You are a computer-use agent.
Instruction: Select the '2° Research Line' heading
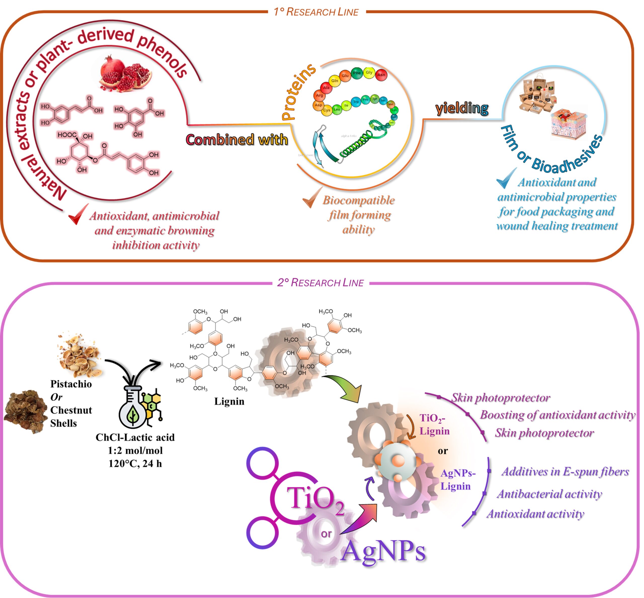click(x=320, y=282)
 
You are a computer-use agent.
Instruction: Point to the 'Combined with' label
click(x=237, y=140)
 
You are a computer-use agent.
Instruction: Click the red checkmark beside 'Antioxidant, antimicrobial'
click(x=78, y=214)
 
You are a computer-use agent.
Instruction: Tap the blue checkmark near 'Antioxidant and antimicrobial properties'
click(x=506, y=178)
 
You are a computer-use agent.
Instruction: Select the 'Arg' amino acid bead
click(x=319, y=96)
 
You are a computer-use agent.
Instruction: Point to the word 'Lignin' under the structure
click(x=229, y=401)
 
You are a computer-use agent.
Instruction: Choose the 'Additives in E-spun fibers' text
click(x=565, y=472)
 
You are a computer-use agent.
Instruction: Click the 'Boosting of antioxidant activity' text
click(x=557, y=415)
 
